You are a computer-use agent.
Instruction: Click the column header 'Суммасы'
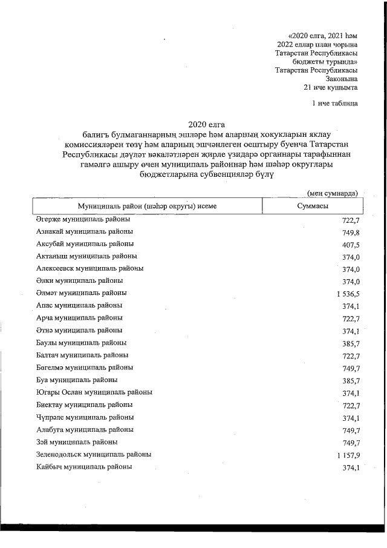pyautogui.click(x=313, y=206)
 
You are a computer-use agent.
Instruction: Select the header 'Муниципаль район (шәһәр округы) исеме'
pyautogui.click(x=143, y=206)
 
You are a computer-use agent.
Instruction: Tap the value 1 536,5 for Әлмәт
pyautogui.click(x=344, y=294)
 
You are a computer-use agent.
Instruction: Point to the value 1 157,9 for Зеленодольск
pyautogui.click(x=344, y=455)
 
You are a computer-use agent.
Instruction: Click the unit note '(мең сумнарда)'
pyautogui.click(x=332, y=193)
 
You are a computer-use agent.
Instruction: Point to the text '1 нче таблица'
pyautogui.click(x=334, y=103)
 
